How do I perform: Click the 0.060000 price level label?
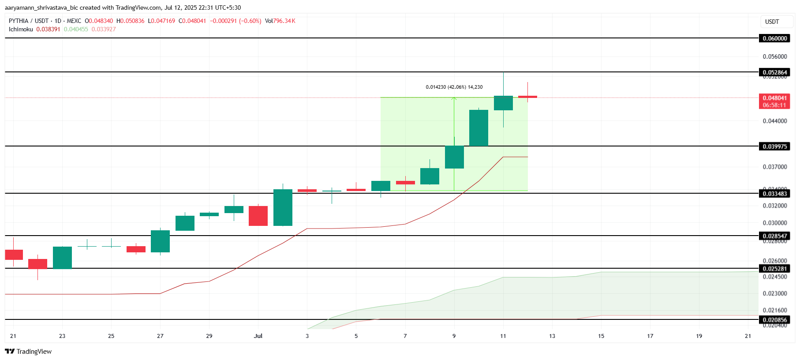click(775, 38)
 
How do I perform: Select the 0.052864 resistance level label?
click(775, 72)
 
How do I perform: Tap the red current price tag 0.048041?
click(775, 98)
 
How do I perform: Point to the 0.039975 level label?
click(775, 146)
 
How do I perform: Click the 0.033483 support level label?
click(775, 194)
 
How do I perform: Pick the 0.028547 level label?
click(775, 236)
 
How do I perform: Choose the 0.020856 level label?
click(775, 320)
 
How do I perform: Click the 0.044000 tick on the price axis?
click(775, 121)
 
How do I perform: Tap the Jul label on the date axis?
click(258, 336)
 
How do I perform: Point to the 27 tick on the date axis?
click(160, 336)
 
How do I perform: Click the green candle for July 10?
click(479, 128)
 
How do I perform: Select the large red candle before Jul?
click(258, 216)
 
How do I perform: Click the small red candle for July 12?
click(527, 97)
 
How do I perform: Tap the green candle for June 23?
click(62, 258)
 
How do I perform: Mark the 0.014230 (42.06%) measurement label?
click(454, 87)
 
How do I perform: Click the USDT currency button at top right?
click(772, 22)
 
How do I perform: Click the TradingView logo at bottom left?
click(29, 351)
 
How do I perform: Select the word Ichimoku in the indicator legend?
click(21, 29)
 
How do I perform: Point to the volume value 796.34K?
click(284, 21)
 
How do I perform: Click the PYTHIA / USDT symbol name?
click(29, 21)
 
